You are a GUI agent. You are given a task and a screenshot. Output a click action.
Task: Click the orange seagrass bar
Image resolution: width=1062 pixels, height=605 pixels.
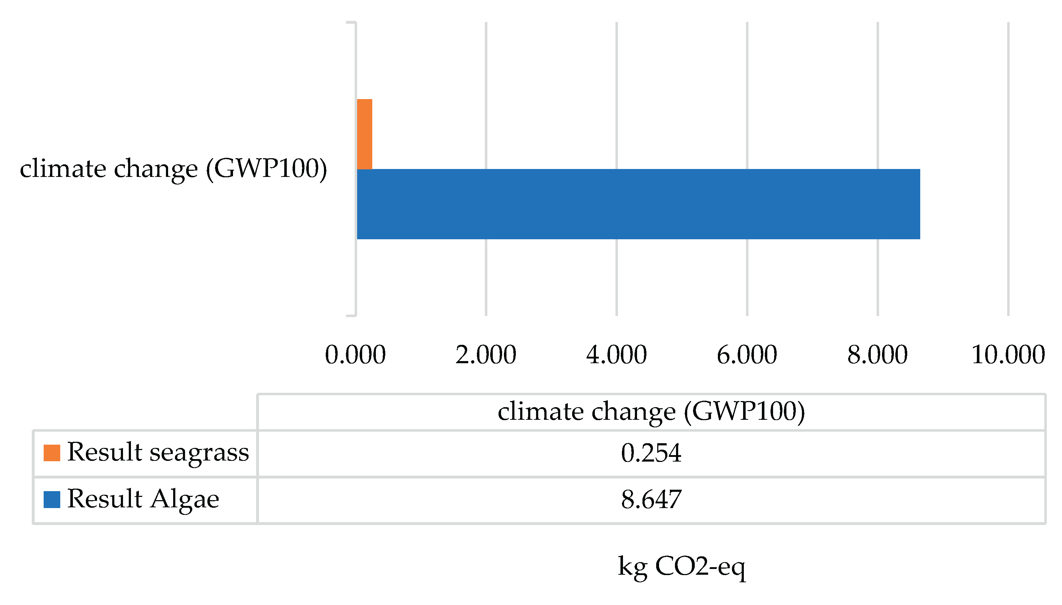pos(364,134)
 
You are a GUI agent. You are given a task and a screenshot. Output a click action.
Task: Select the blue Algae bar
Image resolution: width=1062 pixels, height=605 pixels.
pos(638,204)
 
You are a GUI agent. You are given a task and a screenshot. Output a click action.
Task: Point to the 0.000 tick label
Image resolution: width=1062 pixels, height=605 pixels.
pos(355,355)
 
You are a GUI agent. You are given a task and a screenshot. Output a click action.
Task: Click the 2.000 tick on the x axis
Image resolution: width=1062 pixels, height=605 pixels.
pos(486,355)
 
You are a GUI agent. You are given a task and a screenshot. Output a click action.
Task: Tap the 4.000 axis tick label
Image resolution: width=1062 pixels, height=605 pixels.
pos(616,355)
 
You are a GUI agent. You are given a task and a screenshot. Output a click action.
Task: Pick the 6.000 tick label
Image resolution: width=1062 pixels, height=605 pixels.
pos(747,355)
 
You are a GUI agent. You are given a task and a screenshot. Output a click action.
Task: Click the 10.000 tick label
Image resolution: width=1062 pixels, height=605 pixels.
pos(1008,355)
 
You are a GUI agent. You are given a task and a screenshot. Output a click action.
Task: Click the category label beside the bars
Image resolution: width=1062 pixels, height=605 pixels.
pos(174,169)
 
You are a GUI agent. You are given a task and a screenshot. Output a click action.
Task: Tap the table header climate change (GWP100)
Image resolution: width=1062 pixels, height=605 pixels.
pos(651,412)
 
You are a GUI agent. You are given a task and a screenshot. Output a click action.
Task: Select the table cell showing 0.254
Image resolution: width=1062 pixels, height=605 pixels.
pos(651,453)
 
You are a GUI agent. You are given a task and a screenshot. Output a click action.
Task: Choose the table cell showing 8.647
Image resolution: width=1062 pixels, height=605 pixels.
pos(651,499)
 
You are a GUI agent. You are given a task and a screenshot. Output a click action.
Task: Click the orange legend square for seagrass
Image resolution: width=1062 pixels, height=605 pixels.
pos(52,453)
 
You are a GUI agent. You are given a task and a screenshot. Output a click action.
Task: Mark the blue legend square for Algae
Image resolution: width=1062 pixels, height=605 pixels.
pos(52,499)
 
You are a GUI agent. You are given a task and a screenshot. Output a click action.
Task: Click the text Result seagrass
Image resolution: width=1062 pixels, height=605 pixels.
pos(158,452)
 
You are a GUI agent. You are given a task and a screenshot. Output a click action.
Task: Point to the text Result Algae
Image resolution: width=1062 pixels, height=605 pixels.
pos(143,499)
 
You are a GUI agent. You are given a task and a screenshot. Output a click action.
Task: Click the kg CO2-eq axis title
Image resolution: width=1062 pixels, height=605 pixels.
pos(681,566)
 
